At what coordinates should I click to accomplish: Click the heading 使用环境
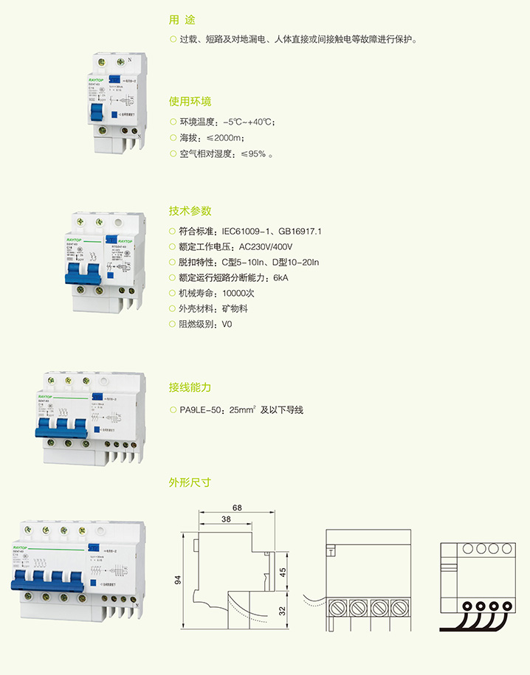(190, 101)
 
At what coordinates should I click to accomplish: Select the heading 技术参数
(190, 210)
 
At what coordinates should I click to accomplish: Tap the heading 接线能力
(190, 387)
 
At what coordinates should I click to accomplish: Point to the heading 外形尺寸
(190, 482)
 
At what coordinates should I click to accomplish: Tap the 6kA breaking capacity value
(280, 277)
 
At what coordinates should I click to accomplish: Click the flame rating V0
(227, 324)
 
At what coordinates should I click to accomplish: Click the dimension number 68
(236, 508)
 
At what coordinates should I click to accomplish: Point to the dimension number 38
(225, 519)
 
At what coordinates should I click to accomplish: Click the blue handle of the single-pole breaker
(96, 114)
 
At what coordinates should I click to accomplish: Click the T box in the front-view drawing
(331, 550)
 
